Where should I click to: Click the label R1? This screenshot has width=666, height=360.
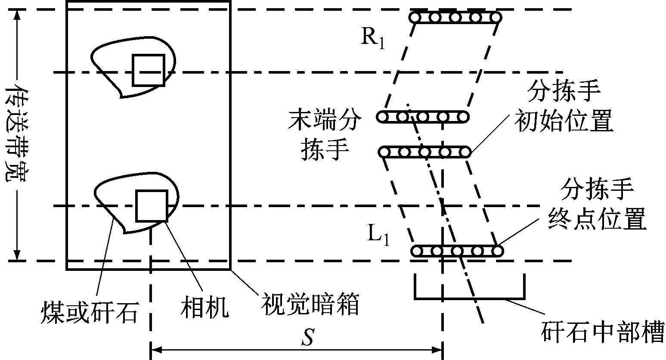tap(373, 38)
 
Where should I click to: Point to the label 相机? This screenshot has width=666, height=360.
tap(204, 307)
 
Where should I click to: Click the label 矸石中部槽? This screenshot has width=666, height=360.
tap(602, 332)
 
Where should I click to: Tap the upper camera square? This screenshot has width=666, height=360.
tap(148, 70)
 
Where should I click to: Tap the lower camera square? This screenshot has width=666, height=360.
tap(152, 205)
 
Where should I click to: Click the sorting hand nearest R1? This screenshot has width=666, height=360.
tap(455, 18)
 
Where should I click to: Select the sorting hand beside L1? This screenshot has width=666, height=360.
tap(457, 251)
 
